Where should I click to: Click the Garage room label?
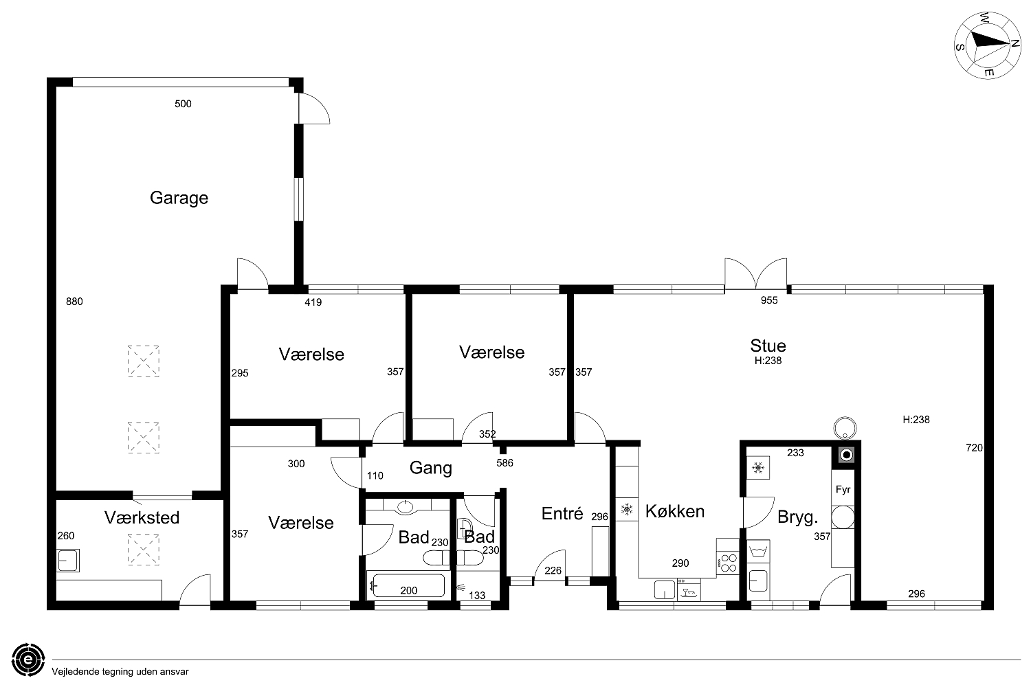[x=179, y=198]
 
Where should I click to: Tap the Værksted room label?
[x=142, y=518]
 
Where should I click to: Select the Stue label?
[x=768, y=346]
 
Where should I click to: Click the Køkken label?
[x=675, y=511]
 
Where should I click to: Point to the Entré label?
[x=562, y=513]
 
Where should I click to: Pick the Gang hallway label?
[x=431, y=468]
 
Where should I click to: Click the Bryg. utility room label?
[x=797, y=517]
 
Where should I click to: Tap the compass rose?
[x=987, y=46]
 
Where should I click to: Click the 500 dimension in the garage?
[x=183, y=104]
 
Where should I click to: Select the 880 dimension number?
[x=74, y=302]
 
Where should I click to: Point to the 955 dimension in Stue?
[x=769, y=300]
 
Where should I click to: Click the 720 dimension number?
[x=974, y=448]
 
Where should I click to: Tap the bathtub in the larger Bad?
[x=408, y=585]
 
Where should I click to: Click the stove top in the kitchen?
[x=728, y=562]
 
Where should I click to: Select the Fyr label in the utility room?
[x=843, y=489]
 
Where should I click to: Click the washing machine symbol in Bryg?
[x=757, y=551]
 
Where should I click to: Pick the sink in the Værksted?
[x=67, y=561]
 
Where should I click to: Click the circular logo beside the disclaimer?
[x=29, y=660]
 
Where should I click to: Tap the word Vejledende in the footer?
[x=76, y=672]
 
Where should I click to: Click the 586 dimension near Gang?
[x=505, y=463]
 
